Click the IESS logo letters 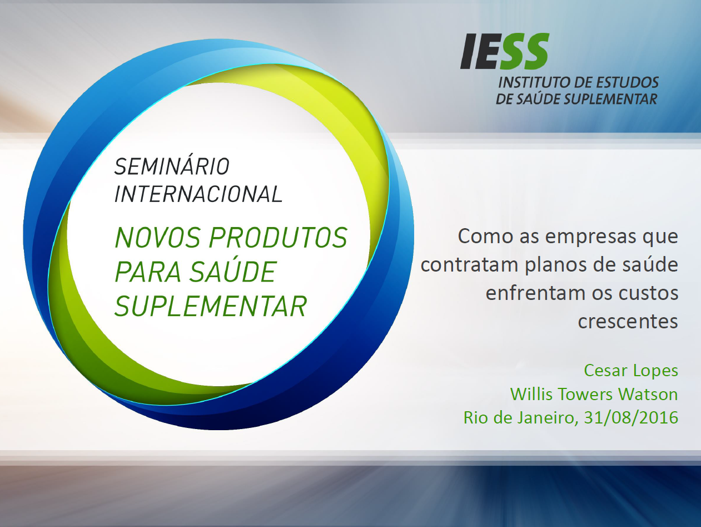pos(504,52)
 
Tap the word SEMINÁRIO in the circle pos(172,166)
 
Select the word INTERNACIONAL pos(198,194)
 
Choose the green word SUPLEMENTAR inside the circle pos(211,306)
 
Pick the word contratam pos(470,264)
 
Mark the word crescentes pos(628,321)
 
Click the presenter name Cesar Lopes pos(631,370)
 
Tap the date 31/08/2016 pos(631,417)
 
